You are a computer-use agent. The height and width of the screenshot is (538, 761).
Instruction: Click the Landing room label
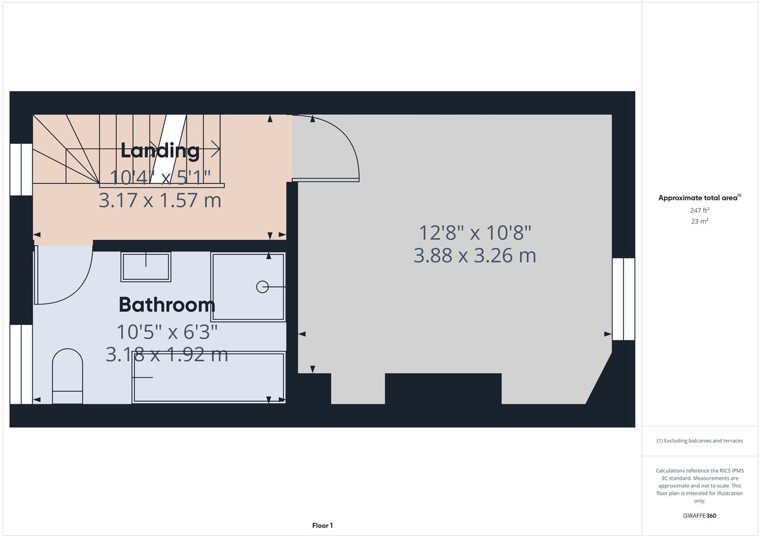(x=160, y=150)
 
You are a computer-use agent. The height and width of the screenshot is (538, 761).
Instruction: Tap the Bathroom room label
(x=167, y=305)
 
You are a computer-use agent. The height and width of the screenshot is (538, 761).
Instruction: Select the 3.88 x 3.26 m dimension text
(x=474, y=255)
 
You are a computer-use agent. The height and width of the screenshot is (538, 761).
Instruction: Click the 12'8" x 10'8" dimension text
(x=474, y=233)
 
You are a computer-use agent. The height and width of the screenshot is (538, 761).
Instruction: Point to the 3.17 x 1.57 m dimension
(x=160, y=200)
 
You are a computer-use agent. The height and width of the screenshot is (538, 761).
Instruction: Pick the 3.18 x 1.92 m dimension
(x=167, y=354)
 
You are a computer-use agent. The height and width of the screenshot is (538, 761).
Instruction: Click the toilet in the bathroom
(x=67, y=376)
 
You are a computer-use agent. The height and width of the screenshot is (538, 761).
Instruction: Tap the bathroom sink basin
(x=146, y=267)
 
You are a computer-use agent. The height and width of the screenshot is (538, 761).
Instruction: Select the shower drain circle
(x=263, y=287)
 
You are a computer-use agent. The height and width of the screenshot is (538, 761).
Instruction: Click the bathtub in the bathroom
(x=208, y=378)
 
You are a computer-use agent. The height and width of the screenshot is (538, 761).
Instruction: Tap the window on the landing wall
(x=21, y=169)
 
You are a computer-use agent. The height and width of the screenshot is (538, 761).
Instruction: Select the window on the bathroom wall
(x=21, y=364)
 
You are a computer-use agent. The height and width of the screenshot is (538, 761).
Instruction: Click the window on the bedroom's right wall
(x=623, y=299)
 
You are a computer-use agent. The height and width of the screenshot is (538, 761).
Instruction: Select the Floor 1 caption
(x=322, y=525)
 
